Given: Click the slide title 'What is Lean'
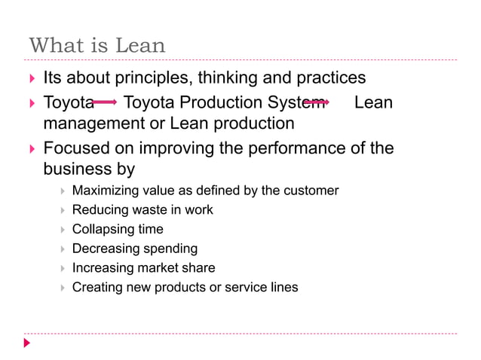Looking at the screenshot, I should click(x=97, y=44).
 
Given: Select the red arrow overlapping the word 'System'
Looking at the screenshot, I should click(x=315, y=102).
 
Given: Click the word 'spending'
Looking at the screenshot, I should click(x=170, y=249).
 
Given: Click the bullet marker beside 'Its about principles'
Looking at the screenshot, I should click(x=31, y=79).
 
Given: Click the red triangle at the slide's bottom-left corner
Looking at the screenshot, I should click(x=27, y=343).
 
